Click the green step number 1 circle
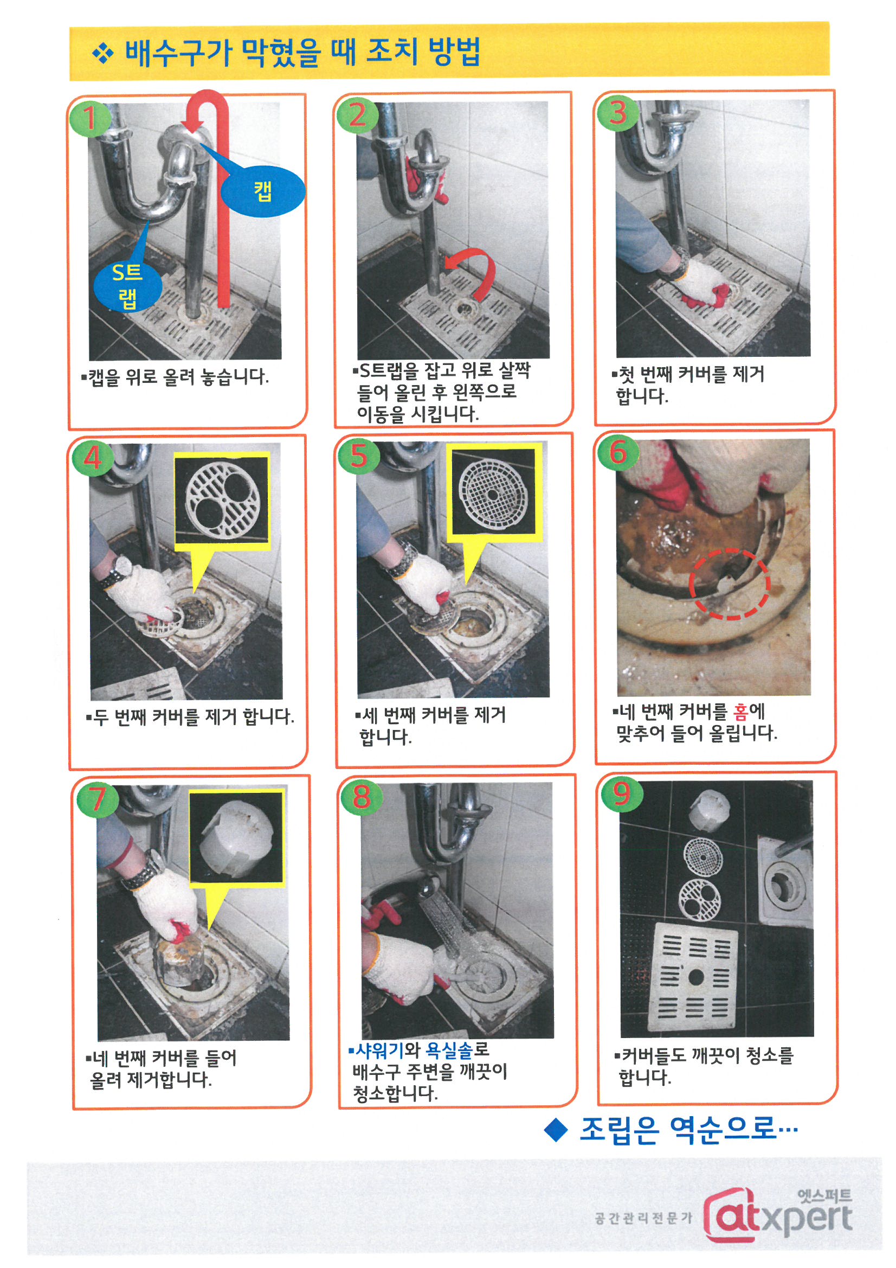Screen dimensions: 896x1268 (89, 118)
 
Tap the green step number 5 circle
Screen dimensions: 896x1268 (359, 456)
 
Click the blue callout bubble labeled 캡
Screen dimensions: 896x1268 (263, 191)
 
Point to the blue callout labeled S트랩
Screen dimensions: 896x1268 (128, 286)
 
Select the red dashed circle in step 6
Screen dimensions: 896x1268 (729, 584)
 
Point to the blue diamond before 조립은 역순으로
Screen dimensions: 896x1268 (556, 1130)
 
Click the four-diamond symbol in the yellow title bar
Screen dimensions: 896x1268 (102, 54)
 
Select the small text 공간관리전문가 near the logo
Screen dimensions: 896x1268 (643, 1218)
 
